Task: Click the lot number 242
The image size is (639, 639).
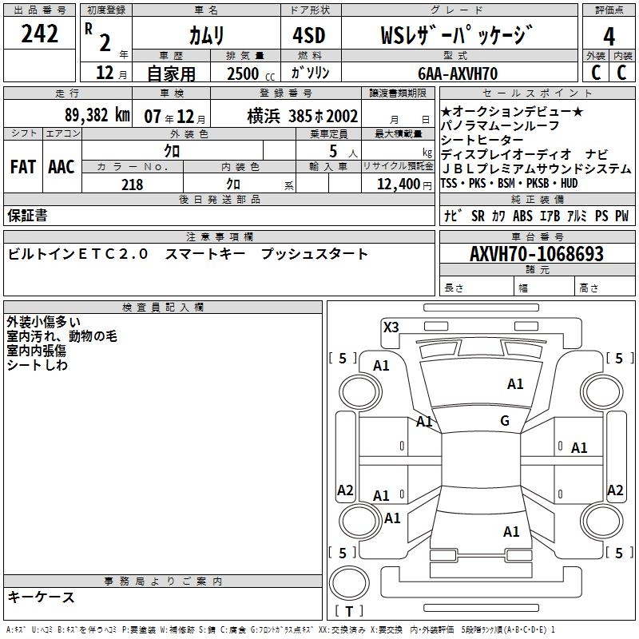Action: click(x=40, y=34)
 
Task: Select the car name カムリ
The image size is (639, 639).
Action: click(x=207, y=35)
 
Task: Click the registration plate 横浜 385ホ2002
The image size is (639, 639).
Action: click(x=303, y=116)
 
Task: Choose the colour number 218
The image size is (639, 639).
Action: click(x=133, y=185)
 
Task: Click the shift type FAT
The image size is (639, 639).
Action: click(x=22, y=167)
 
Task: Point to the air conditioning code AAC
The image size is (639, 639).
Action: click(x=61, y=167)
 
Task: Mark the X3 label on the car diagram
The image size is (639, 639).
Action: click(x=391, y=327)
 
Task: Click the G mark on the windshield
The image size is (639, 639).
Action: click(x=505, y=421)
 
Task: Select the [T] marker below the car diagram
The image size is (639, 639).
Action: click(x=350, y=611)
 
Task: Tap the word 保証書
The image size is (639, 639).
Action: click(x=27, y=216)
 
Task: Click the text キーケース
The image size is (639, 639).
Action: click(x=41, y=597)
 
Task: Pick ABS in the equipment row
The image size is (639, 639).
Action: click(x=522, y=216)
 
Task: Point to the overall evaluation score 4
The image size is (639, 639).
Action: click(x=609, y=37)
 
